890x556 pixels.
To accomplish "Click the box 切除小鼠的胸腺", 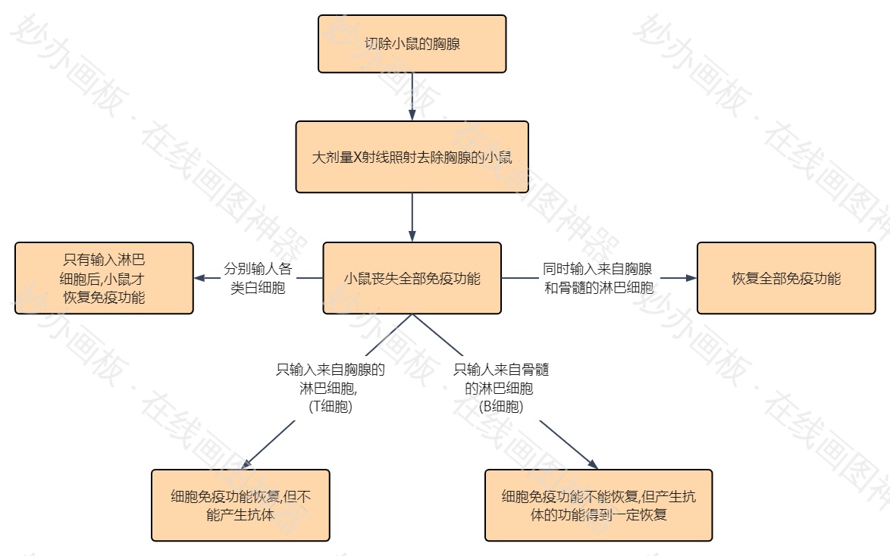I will [x=412, y=44].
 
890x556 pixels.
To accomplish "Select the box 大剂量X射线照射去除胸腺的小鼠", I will [x=412, y=158].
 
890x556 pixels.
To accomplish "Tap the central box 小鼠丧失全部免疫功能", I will [x=412, y=278].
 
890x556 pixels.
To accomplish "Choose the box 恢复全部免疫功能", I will [x=786, y=278].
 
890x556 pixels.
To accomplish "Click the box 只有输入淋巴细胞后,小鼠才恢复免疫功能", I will [x=104, y=278].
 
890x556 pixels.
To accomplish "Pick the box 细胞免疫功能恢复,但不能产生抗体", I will [x=240, y=505].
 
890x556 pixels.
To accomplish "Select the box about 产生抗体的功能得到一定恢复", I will [x=598, y=505].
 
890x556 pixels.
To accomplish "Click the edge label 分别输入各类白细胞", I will [x=258, y=278].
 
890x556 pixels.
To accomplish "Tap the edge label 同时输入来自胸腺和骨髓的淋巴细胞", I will [x=598, y=278].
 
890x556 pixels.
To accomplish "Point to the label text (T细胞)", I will [x=331, y=407].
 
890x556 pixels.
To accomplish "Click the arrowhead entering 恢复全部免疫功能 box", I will [x=691, y=278].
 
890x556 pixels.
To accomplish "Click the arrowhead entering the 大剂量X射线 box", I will [x=412, y=115].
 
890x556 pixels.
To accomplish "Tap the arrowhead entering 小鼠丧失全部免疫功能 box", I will [x=412, y=236].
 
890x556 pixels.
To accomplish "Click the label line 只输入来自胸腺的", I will [x=331, y=370].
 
